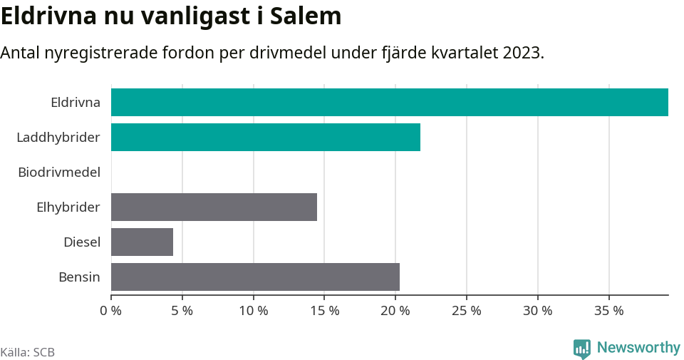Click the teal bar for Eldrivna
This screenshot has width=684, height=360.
tap(389, 102)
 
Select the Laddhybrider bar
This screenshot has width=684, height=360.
tap(265, 137)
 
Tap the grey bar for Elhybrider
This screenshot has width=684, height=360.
tap(214, 207)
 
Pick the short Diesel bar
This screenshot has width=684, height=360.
tap(142, 242)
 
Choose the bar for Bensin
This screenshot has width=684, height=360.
tap(255, 277)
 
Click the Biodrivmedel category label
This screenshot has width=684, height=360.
tap(59, 172)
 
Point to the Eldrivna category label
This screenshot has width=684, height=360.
tap(76, 102)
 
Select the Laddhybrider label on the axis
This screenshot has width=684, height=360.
tap(58, 137)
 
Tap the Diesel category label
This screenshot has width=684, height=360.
tap(82, 242)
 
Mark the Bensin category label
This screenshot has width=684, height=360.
tap(79, 277)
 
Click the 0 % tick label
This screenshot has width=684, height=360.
tap(111, 311)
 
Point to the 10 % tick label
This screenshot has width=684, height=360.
tap(253, 311)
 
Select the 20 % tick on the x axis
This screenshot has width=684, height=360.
tap(395, 311)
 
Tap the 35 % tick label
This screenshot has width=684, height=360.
tap(608, 311)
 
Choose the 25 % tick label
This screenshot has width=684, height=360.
tap(467, 311)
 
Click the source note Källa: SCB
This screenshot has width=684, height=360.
tap(28, 352)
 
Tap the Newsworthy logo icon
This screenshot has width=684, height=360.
tap(581, 349)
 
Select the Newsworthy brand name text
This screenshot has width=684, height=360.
tap(638, 348)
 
